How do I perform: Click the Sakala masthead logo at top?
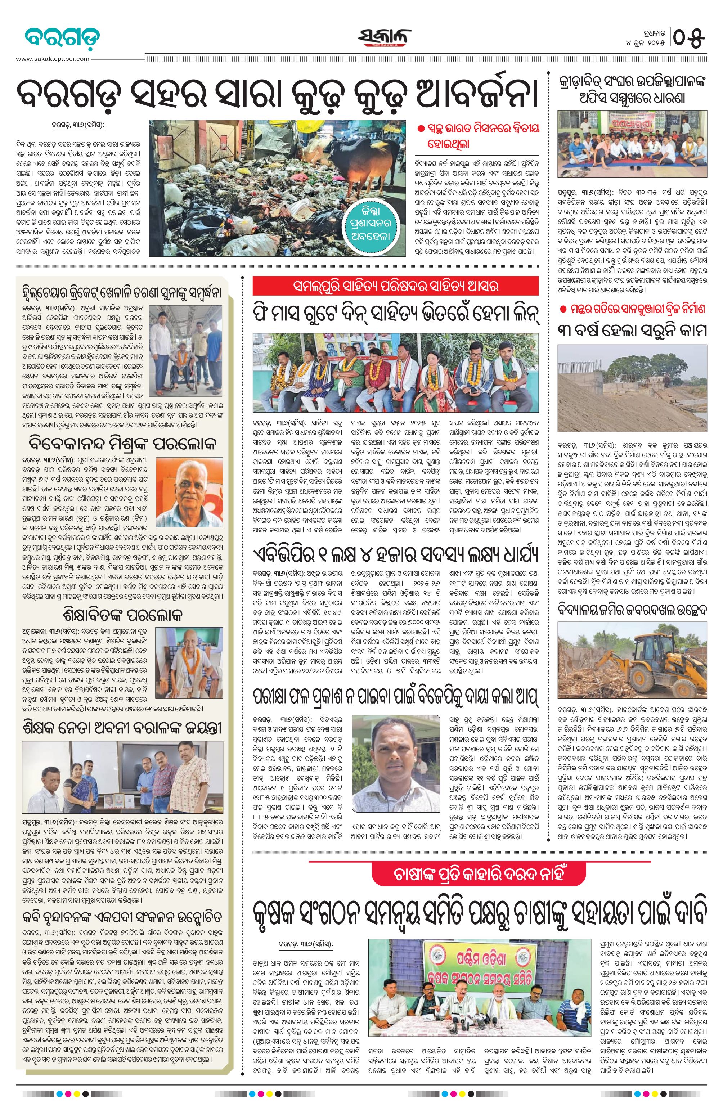point(385,36)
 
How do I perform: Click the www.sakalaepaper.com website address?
point(53,59)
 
